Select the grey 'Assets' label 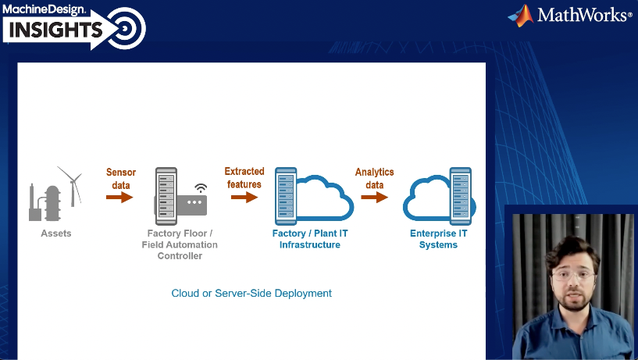click(56, 233)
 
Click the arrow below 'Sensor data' click(119, 198)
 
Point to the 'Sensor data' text click(121, 179)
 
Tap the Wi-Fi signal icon click(201, 188)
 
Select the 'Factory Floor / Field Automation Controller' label click(180, 244)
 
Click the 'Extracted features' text click(244, 178)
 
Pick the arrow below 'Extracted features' click(244, 198)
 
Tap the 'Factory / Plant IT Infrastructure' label click(310, 239)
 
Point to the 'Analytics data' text click(375, 178)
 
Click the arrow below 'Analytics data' click(375, 198)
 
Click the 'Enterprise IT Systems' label click(438, 239)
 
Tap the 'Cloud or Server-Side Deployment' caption click(251, 294)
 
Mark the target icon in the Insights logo click(124, 30)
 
